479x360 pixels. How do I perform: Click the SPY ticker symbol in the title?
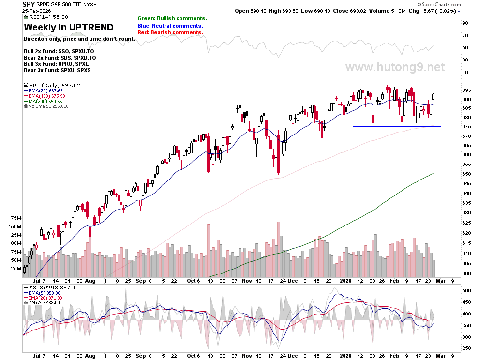(x=29, y=4)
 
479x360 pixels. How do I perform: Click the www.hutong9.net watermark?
(x=395, y=67)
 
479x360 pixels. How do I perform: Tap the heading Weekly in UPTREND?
(x=69, y=28)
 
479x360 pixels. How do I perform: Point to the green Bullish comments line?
(x=172, y=19)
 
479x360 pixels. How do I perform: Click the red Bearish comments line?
(x=170, y=32)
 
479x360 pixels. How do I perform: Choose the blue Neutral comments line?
(x=170, y=26)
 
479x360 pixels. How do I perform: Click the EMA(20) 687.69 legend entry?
(x=44, y=91)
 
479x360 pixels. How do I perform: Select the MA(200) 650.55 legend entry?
(x=43, y=101)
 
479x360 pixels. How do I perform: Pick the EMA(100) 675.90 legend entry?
(x=45, y=96)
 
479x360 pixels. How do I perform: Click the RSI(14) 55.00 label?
(x=46, y=17)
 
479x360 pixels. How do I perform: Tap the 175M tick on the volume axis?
(x=15, y=218)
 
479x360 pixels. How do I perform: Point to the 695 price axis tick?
(x=466, y=90)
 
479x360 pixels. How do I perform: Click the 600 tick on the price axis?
(x=466, y=273)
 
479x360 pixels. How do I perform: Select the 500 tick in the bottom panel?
(x=466, y=291)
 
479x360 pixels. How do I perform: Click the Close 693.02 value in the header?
(x=349, y=11)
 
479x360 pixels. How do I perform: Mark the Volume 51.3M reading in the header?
(x=388, y=11)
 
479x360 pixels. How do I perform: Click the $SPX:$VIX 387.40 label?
(x=51, y=287)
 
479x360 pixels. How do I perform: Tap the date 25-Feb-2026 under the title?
(x=37, y=11)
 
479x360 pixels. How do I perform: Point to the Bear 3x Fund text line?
(x=57, y=70)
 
